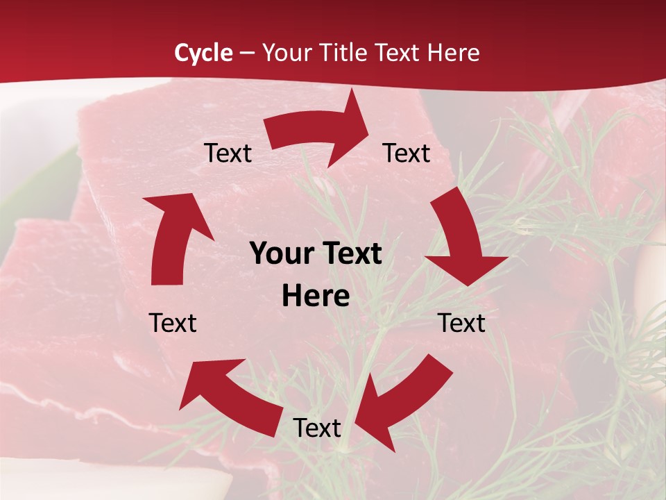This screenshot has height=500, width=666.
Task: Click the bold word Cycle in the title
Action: point(203,53)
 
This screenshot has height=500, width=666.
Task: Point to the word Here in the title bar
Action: point(454,53)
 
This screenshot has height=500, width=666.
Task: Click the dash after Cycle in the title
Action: point(247,53)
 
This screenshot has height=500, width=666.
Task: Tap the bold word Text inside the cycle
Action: point(350,254)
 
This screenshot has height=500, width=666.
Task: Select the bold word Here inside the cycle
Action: point(316,297)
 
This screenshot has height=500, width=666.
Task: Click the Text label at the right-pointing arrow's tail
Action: point(228,153)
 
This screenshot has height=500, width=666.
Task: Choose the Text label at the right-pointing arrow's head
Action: point(407,153)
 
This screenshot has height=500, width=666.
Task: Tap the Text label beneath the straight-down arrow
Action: point(461,323)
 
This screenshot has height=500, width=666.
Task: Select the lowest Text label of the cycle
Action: point(317,428)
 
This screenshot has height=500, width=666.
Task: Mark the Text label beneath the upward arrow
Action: point(173,323)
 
